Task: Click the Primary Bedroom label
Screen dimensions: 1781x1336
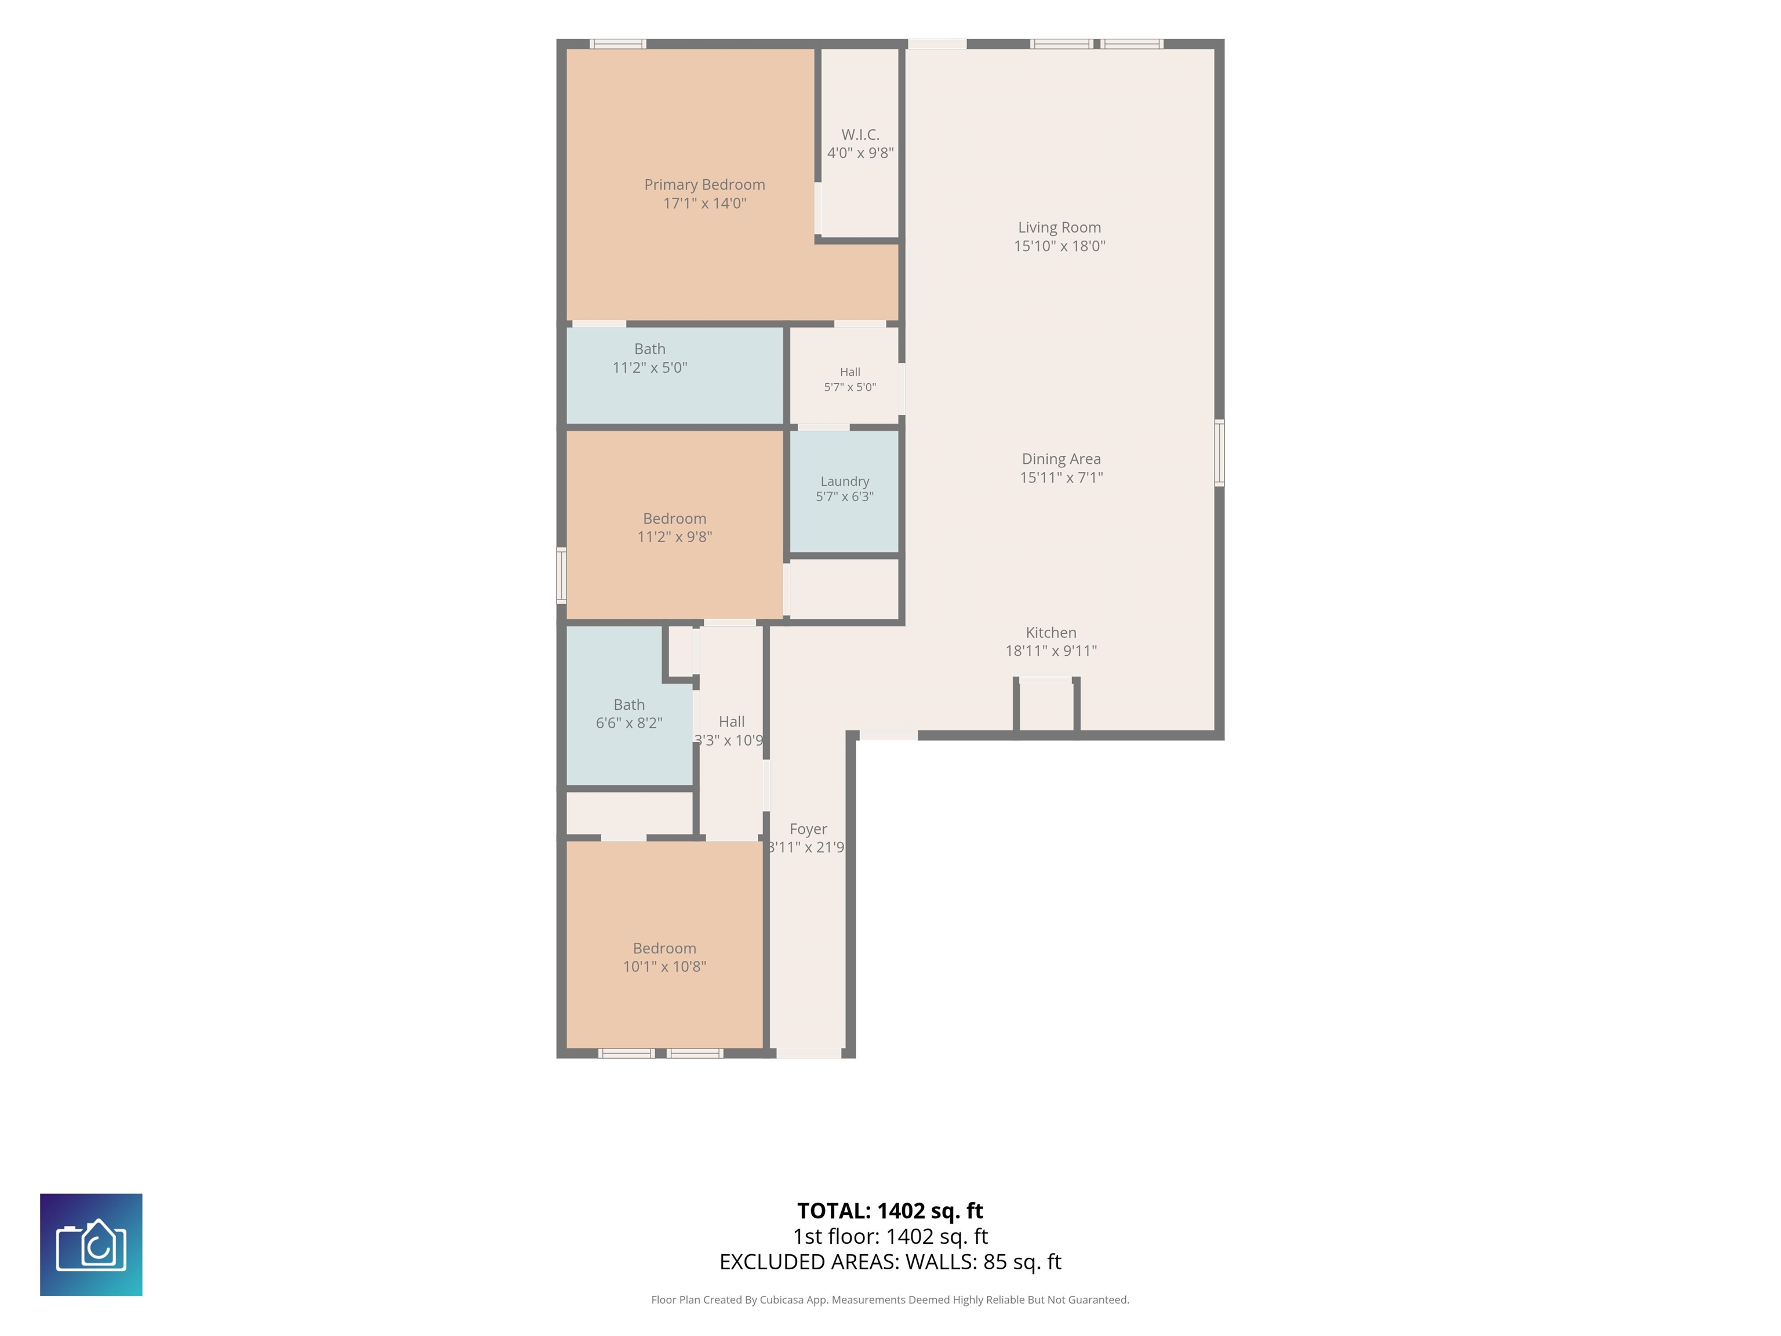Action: point(704,184)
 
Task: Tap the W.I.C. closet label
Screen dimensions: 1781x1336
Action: point(860,135)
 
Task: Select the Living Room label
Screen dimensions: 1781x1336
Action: point(1059,227)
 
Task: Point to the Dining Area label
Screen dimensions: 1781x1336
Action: point(1061,458)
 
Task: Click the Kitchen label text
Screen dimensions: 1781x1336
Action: point(1051,632)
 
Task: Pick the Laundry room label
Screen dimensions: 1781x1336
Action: point(845,481)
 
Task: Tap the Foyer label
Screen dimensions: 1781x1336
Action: point(808,829)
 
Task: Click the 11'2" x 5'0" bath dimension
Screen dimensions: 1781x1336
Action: point(650,367)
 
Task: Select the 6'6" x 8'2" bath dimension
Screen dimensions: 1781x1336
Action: point(629,723)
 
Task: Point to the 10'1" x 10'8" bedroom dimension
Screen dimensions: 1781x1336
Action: point(664,967)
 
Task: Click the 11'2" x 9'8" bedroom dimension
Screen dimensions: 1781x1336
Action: point(675,536)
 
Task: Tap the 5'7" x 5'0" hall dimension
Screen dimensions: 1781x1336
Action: point(849,387)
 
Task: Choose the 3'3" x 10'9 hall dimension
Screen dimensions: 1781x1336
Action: point(729,740)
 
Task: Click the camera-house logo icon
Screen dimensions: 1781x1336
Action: point(91,1244)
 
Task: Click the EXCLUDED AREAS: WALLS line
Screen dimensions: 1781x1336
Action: point(890,1262)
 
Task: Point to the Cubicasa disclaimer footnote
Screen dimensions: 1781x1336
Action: point(890,1300)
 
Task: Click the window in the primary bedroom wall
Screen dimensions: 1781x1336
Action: point(617,43)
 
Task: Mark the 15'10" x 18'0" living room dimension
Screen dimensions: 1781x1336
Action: point(1059,246)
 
